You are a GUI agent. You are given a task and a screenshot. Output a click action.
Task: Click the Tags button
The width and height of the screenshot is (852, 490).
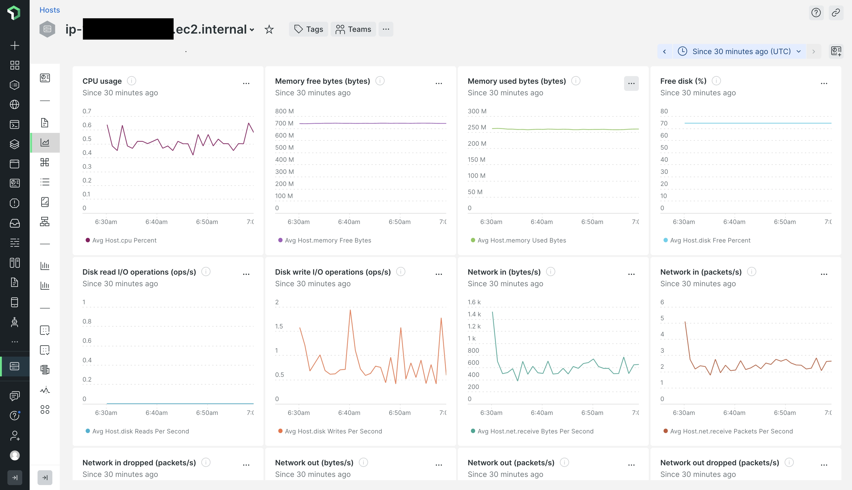pyautogui.click(x=308, y=29)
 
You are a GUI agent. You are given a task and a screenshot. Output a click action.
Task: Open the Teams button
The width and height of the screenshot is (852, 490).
pyautogui.click(x=353, y=29)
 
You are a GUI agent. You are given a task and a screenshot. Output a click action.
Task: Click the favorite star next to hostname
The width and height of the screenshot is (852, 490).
pyautogui.click(x=269, y=30)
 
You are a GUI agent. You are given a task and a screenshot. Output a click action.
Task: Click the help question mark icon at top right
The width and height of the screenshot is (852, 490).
pyautogui.click(x=816, y=13)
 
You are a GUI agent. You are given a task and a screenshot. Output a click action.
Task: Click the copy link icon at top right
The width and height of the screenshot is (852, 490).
pyautogui.click(x=836, y=13)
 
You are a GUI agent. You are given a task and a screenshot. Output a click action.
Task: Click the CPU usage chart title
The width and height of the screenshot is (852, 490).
pyautogui.click(x=102, y=81)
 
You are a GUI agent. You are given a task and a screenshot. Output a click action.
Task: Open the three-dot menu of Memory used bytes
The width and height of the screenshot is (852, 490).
pyautogui.click(x=631, y=83)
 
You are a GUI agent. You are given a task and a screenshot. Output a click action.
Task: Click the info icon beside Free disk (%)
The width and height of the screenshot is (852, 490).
pyautogui.click(x=716, y=81)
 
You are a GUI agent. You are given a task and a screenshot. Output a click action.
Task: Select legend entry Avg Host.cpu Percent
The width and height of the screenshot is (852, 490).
pyautogui.click(x=124, y=240)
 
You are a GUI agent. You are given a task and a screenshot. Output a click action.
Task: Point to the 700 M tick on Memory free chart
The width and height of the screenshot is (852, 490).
pyautogui.click(x=284, y=123)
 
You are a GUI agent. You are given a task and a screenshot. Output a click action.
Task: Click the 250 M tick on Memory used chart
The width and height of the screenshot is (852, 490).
pyautogui.click(x=477, y=127)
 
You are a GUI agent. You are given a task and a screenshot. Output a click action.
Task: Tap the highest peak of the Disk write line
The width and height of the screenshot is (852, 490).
pyautogui.click(x=350, y=310)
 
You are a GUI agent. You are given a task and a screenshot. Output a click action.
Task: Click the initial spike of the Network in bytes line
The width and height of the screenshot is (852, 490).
pyautogui.click(x=493, y=312)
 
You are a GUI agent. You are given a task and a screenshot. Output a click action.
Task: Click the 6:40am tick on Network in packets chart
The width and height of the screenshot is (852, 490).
pyautogui.click(x=734, y=413)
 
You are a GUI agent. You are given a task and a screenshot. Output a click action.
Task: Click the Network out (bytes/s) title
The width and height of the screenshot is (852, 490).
pyautogui.click(x=314, y=463)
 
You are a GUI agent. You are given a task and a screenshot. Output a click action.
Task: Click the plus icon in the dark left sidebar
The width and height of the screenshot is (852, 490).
pyautogui.click(x=15, y=45)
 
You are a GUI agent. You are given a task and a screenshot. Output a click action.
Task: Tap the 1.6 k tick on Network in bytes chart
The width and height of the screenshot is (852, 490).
pyautogui.click(x=474, y=302)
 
